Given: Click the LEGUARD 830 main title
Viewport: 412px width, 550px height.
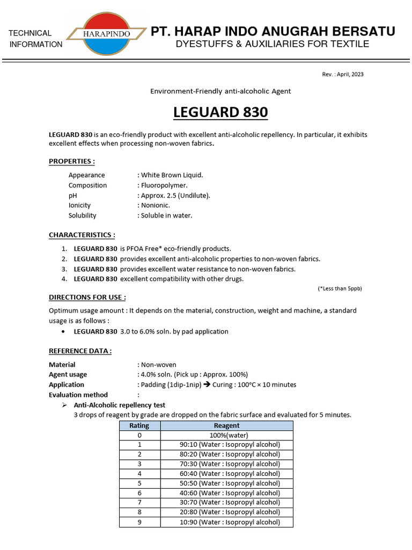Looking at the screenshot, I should (x=220, y=113).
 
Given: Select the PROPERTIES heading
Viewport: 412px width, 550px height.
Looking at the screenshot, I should (x=72, y=161).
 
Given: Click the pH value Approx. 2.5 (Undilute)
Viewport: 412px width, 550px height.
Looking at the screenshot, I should (x=174, y=196).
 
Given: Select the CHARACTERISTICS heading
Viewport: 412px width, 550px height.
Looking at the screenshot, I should (x=82, y=235).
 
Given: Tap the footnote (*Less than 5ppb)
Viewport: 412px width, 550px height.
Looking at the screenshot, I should (x=340, y=288).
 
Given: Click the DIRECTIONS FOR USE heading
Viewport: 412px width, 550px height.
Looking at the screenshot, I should (x=87, y=297).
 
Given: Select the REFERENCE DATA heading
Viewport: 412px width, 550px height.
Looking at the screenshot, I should (x=80, y=351).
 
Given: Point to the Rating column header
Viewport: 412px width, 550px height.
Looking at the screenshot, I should (x=139, y=425).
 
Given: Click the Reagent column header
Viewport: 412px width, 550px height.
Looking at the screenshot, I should (x=226, y=425).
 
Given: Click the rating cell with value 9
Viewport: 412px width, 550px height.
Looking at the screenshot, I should (x=139, y=522).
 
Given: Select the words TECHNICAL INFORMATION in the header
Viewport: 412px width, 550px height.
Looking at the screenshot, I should (x=35, y=39).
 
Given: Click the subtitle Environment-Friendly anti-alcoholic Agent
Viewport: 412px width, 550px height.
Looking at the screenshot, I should (x=220, y=91).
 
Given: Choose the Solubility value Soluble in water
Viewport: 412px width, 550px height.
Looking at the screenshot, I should (x=165, y=215).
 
